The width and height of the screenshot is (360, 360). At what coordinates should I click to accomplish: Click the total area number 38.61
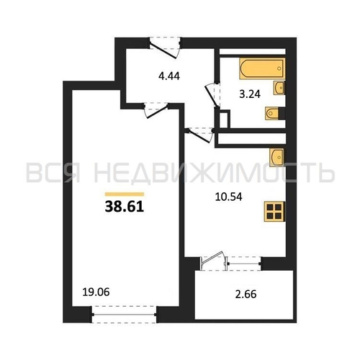tap(125, 207)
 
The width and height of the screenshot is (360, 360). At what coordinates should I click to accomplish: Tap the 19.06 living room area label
tap(96, 292)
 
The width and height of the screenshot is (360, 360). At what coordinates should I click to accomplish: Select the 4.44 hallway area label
tap(169, 76)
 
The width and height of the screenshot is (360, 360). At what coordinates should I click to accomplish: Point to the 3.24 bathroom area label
tap(250, 94)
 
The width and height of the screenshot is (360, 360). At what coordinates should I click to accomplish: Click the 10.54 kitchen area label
tap(229, 197)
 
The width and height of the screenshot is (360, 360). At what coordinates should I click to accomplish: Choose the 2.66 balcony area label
tap(246, 294)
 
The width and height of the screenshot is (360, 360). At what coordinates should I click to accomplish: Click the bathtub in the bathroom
tap(262, 68)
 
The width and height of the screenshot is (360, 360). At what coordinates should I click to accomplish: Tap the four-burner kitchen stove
tap(274, 212)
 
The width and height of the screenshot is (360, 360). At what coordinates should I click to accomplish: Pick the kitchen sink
tap(276, 157)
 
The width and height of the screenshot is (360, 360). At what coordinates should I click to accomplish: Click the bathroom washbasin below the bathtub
tap(279, 88)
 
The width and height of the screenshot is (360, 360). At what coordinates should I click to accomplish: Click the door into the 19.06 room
tap(156, 110)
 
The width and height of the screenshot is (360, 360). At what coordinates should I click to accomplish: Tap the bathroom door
tap(212, 95)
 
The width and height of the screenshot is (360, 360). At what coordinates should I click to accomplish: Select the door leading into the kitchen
tap(200, 135)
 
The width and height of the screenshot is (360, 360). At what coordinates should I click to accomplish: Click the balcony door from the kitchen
tap(213, 261)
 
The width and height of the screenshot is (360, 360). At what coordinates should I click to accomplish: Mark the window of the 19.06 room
tap(124, 314)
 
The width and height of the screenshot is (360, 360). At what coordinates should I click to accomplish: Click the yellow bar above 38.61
tap(125, 194)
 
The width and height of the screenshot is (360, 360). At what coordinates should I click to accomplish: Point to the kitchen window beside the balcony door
tap(244, 264)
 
